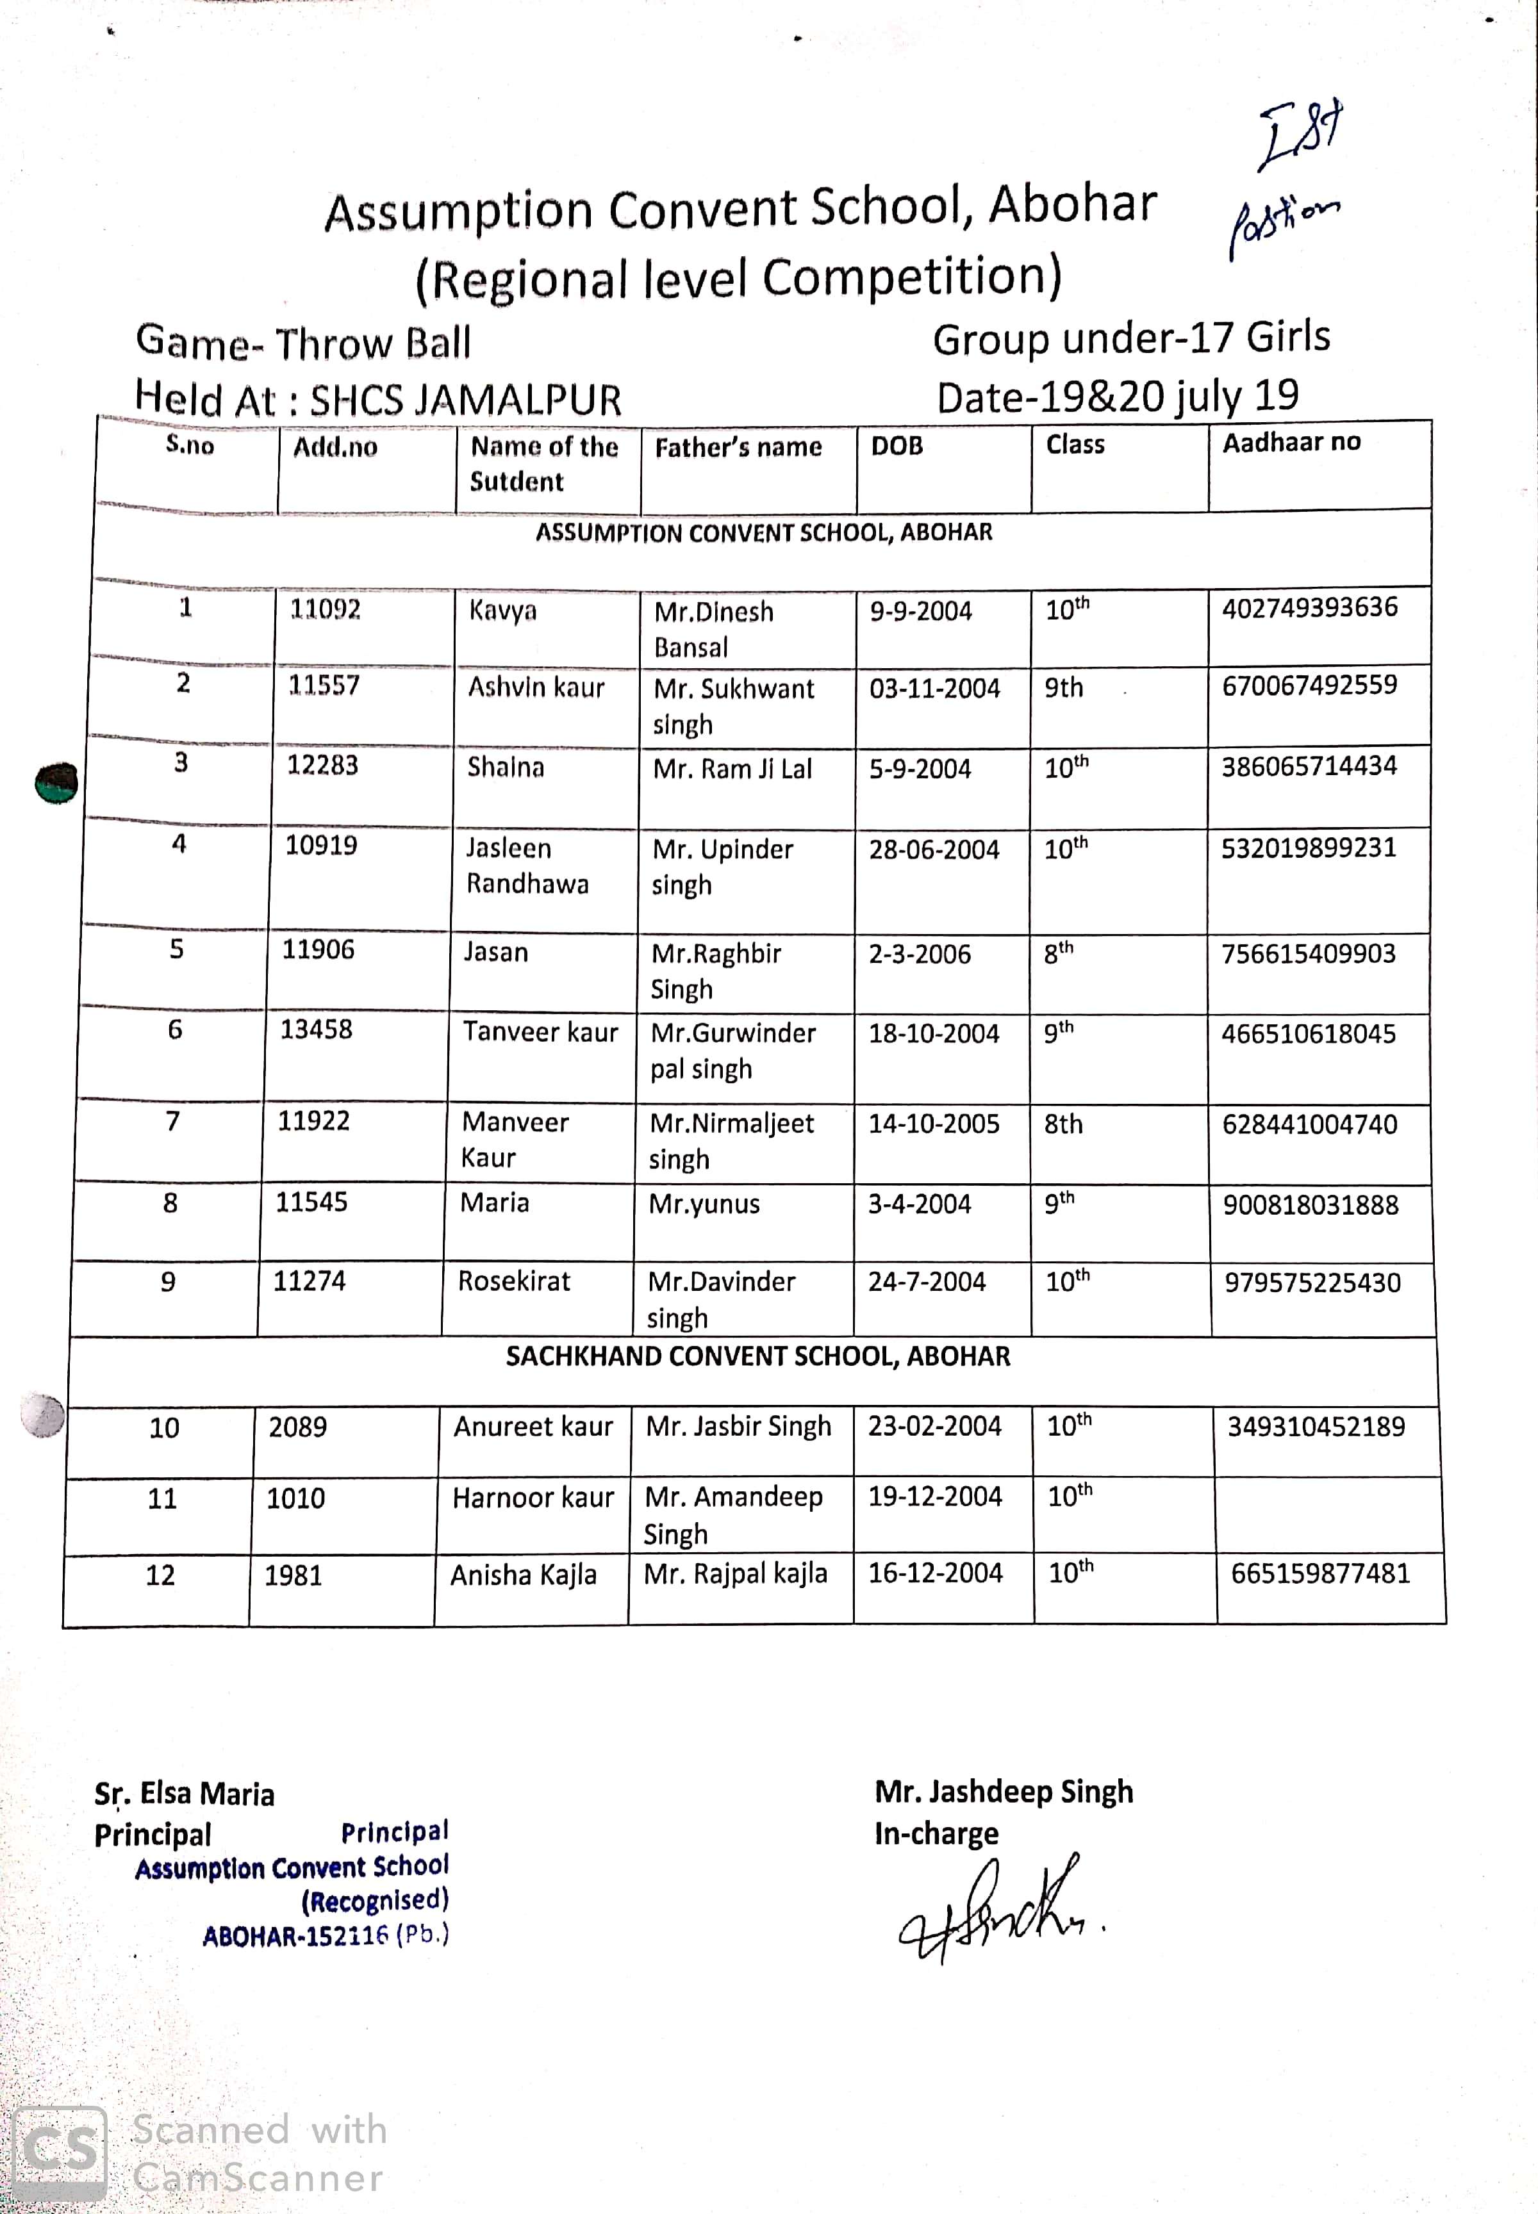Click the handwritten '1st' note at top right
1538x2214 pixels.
[1300, 134]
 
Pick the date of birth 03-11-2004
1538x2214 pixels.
[934, 688]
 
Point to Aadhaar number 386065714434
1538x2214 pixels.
[1309, 766]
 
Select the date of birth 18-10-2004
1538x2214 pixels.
[933, 1034]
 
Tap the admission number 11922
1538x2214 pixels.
[313, 1120]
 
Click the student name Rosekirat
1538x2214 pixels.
[514, 1281]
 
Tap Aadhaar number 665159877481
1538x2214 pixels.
[1320, 1573]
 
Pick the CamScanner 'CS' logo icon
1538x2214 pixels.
[60, 2152]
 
